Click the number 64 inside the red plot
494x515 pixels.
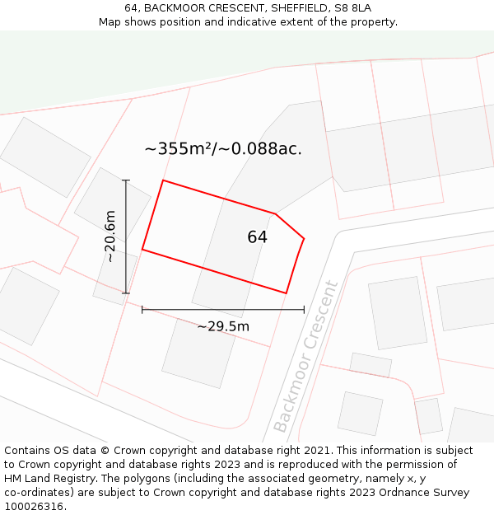[x=257, y=237]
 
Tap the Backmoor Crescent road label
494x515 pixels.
[x=305, y=357]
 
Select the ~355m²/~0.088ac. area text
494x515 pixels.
[x=223, y=149]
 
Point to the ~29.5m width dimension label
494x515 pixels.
[x=223, y=326]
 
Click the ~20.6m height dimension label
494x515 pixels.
[x=110, y=236]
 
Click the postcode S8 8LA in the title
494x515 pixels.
[x=352, y=7]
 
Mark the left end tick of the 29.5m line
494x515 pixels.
[x=142, y=310]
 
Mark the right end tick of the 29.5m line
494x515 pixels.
[x=304, y=310]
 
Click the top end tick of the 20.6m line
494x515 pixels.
[x=126, y=180]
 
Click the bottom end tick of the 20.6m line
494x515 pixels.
[x=126, y=293]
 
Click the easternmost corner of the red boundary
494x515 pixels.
[x=304, y=239]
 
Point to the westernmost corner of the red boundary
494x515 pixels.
[x=142, y=249]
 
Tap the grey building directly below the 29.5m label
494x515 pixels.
[x=198, y=353]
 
